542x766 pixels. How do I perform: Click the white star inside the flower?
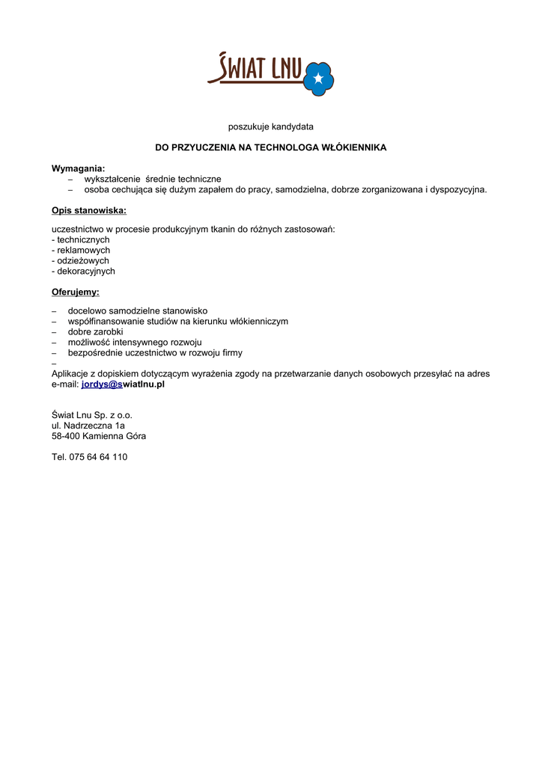pos(319,78)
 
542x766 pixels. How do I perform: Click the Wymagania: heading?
pos(78,168)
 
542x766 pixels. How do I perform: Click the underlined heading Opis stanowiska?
pos(88,210)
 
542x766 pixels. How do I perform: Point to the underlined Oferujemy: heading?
pos(75,292)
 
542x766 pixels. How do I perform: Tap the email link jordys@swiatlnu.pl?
pos(123,384)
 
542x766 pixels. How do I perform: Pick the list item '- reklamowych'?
pos(81,250)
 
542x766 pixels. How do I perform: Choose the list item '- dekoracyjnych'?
pos(83,271)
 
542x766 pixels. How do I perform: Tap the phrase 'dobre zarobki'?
pos(95,331)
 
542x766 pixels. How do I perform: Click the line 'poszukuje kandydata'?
pos(271,126)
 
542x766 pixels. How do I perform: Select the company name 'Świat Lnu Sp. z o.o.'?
pos(92,414)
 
